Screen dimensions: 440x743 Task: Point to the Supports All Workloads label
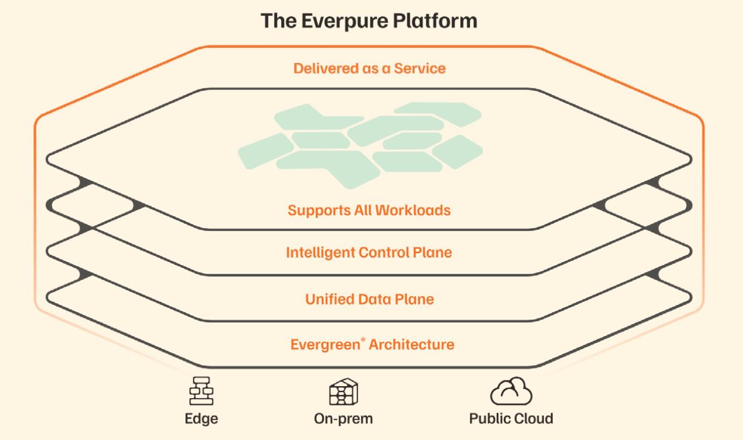369,210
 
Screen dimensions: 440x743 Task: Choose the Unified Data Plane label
369,299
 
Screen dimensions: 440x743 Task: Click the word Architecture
411,345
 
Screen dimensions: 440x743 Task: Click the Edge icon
201,391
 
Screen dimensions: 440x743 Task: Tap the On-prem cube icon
343,391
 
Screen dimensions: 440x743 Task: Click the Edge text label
201,418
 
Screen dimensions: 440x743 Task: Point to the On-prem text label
343,418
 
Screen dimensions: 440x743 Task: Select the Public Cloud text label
511,418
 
